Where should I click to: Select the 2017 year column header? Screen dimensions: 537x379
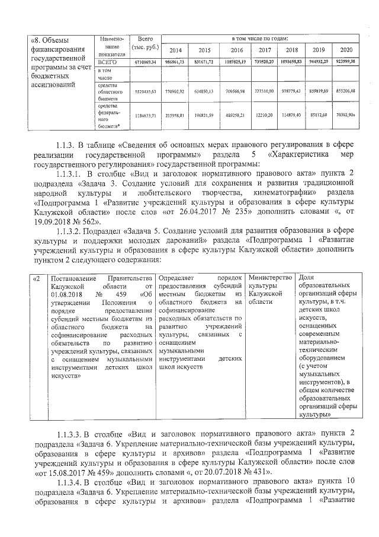click(265, 50)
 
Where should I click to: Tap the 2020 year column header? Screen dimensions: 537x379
click(346, 50)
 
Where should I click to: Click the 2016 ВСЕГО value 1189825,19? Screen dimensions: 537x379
click(236, 62)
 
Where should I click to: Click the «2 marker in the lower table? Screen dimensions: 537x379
click(37, 278)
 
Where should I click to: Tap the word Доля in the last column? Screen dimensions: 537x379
click(307, 278)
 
